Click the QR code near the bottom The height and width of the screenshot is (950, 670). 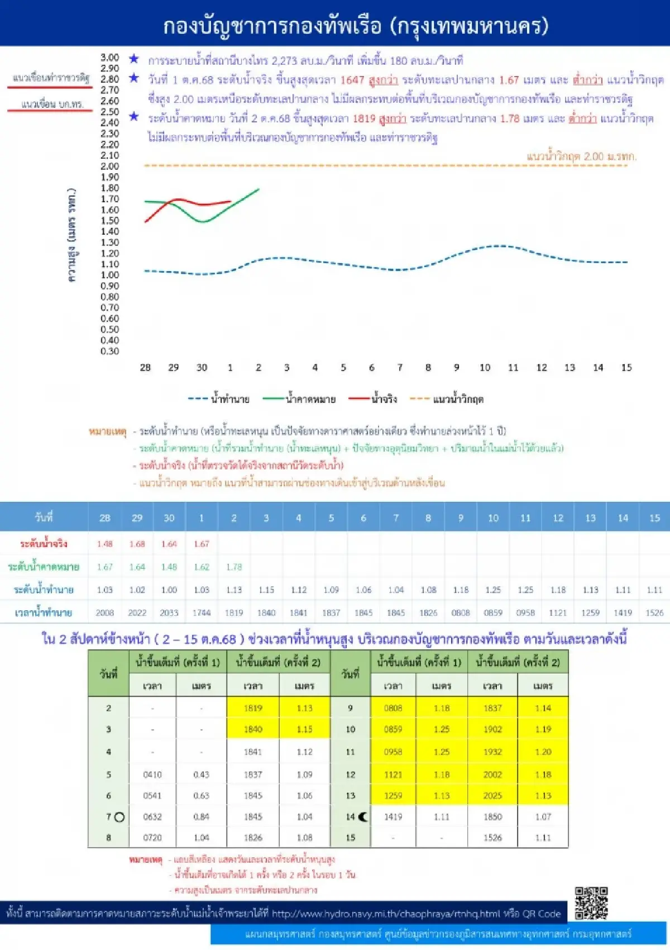pos(591,902)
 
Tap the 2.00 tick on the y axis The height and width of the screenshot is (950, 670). pos(110,166)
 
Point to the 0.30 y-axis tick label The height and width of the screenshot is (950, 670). pos(110,351)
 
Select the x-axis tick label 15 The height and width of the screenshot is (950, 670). pos(626,367)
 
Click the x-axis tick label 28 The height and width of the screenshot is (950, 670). pos(145,367)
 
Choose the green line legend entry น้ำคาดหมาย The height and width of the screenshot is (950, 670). pos(300,399)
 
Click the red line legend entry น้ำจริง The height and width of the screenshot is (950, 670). pos(373,399)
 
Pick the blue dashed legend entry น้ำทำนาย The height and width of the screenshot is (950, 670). pos(219,399)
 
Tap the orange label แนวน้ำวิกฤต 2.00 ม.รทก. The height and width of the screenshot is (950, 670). pos(581,156)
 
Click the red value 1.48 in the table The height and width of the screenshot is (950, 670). pos(104,543)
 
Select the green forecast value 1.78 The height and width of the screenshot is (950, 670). pos(234,567)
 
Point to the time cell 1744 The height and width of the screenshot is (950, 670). pos(202,612)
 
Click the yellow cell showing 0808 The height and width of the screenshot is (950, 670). pos(393,708)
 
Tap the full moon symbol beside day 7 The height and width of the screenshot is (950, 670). pos(119,817)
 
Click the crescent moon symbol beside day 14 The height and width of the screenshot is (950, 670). pos(363,817)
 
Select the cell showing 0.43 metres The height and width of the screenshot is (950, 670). pos(201,775)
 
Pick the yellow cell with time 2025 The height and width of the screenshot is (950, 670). pos(492,796)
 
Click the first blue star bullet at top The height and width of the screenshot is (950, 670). pos(134,59)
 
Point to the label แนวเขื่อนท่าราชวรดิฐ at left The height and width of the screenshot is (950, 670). pos(50,78)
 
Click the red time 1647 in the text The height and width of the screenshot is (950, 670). pos(352,80)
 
